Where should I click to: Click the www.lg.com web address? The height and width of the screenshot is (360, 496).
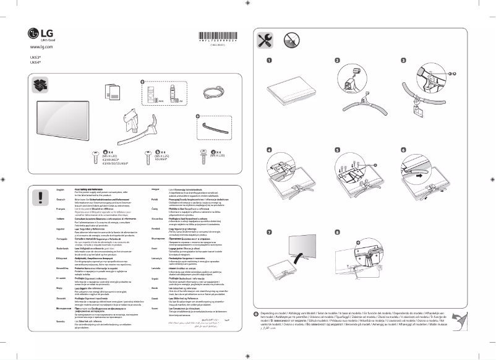point(41,48)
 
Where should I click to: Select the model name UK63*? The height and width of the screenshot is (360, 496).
point(35,57)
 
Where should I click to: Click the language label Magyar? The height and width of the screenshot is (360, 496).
point(155,187)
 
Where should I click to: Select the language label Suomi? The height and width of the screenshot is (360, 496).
point(155,308)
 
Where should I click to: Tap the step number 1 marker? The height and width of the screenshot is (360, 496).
point(270,61)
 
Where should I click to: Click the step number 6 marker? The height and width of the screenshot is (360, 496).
point(404,150)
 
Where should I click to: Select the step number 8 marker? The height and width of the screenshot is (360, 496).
point(337,233)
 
